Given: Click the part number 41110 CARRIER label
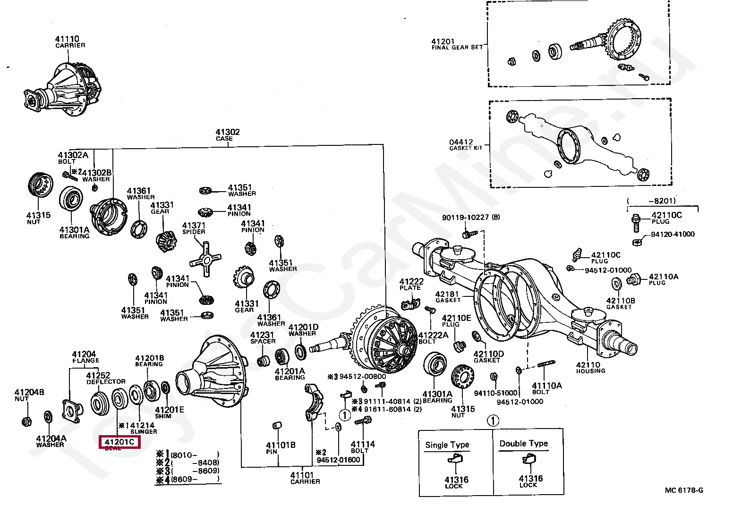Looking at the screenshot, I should tap(70, 42).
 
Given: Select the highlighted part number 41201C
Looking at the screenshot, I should tap(119, 442).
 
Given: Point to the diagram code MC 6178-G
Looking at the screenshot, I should tap(683, 490).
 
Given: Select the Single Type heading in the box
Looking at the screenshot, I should tap(447, 445).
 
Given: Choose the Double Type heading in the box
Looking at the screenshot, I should tap(523, 444).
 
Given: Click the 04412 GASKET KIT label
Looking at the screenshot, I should tap(462, 144).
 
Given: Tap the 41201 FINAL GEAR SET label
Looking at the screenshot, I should tap(456, 44).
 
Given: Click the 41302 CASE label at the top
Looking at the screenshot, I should tap(227, 135).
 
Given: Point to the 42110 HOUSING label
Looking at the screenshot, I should tap(590, 367).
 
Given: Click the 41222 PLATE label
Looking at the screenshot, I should tap(411, 284).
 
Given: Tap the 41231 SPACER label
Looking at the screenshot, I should tap(263, 337).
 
